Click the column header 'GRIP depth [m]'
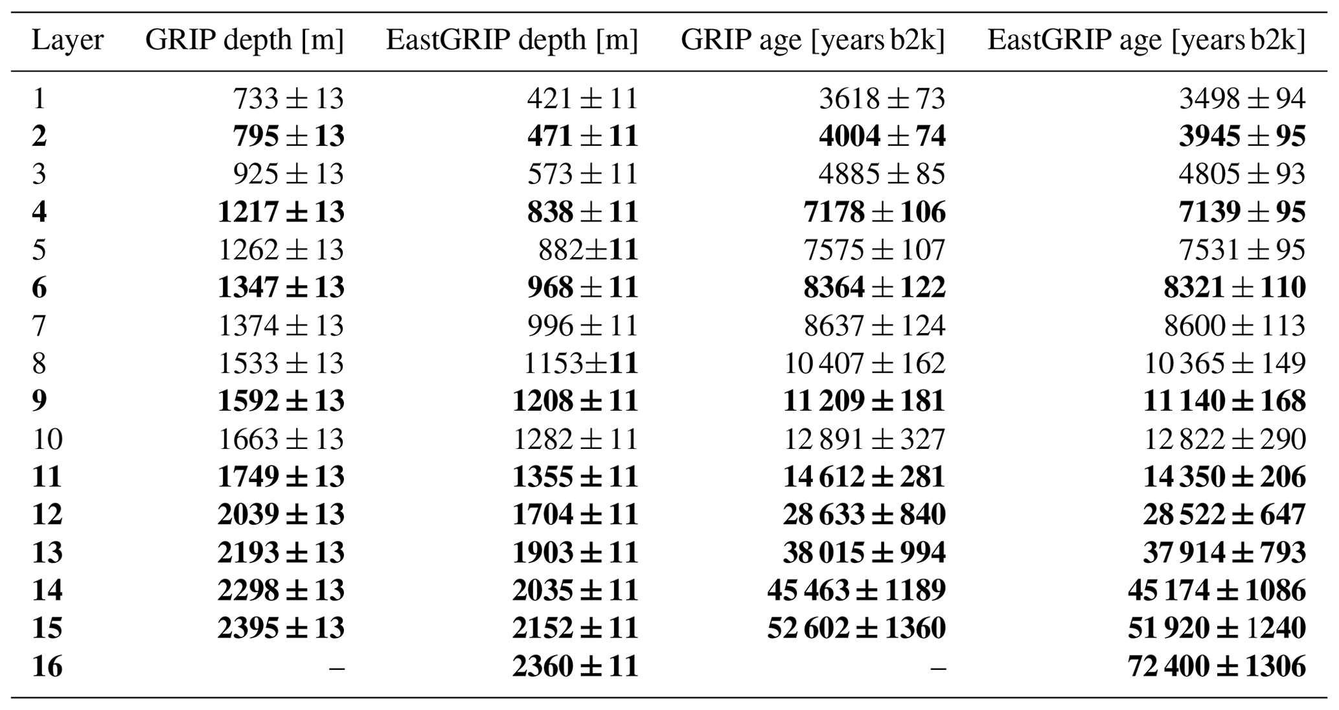point(244,41)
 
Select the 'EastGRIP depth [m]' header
point(512,41)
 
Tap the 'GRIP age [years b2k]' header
point(812,41)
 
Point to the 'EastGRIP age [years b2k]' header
point(1146,41)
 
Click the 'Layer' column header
point(67,41)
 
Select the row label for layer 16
point(47,666)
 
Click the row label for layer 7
point(39,325)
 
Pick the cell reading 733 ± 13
point(288,98)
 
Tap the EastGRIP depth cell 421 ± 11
point(582,98)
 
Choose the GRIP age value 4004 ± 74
point(882,136)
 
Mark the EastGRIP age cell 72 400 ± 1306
point(1217,666)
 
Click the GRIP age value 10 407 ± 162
point(864,363)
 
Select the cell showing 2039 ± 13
point(280,514)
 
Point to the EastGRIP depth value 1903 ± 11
point(575,553)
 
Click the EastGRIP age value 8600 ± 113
point(1234,325)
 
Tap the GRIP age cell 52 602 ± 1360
point(856,628)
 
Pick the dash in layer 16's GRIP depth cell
point(336,666)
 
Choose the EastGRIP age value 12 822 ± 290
point(1224,439)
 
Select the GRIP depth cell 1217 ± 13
point(280,212)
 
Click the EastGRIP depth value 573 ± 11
point(582,174)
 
